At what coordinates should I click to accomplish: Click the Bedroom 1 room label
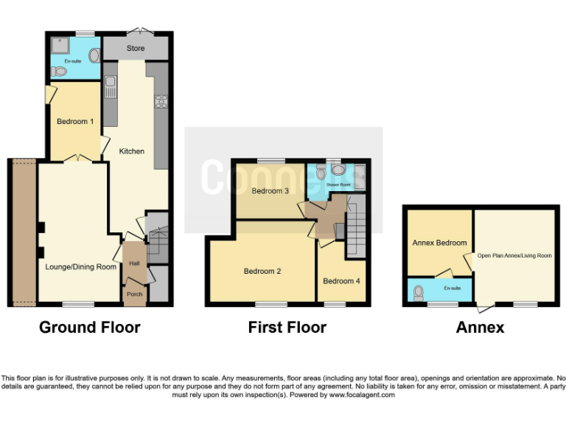[x=75, y=122]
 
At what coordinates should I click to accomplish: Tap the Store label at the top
[x=136, y=49]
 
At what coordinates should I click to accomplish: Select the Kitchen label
[x=132, y=151]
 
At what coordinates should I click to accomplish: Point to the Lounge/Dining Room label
[x=81, y=266]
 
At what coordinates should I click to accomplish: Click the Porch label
[x=135, y=294]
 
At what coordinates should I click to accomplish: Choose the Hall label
[x=134, y=263]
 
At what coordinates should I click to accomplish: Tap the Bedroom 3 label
[x=270, y=191]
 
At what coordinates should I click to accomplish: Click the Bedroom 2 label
[x=262, y=271]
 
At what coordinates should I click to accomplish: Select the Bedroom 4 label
[x=342, y=281]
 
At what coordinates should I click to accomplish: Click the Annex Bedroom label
[x=439, y=243]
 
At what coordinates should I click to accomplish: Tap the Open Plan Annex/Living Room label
[x=514, y=256]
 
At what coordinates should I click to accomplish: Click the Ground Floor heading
[x=89, y=327]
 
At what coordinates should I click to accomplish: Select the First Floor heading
[x=287, y=327]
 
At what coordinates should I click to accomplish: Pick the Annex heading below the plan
[x=479, y=327]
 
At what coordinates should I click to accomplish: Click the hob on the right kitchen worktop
[x=158, y=102]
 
